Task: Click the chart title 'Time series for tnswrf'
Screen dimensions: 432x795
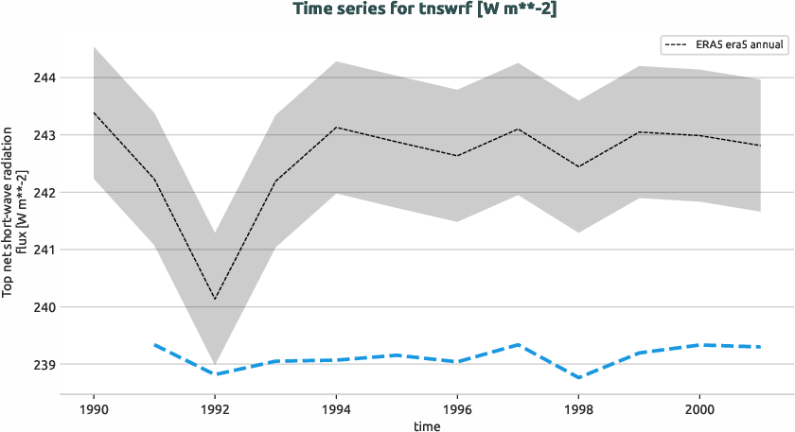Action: pyautogui.click(x=397, y=9)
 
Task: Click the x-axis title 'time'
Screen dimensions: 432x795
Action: pyautogui.click(x=427, y=425)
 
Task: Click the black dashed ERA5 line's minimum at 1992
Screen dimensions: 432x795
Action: pyautogui.click(x=215, y=299)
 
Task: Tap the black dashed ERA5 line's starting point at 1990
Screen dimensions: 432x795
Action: pyautogui.click(x=94, y=112)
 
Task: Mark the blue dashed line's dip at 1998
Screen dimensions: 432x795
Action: pyautogui.click(x=578, y=377)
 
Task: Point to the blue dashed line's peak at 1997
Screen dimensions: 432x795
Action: pyautogui.click(x=518, y=344)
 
